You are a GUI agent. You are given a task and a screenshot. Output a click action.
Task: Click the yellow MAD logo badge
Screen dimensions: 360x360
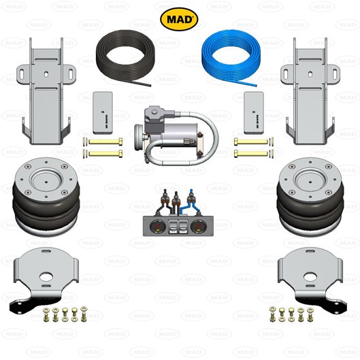click(179, 19)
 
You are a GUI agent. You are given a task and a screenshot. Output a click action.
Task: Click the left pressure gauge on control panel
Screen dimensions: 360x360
click(156, 226)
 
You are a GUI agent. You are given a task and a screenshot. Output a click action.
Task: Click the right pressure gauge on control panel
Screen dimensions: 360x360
click(197, 226)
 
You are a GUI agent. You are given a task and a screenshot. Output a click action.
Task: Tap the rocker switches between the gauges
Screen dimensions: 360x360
click(177, 226)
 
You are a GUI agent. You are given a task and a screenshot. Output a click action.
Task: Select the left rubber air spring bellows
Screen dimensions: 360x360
click(46, 197)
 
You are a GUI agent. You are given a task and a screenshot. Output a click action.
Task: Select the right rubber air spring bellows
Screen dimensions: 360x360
click(310, 197)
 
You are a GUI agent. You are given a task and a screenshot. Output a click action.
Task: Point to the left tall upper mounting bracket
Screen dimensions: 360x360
click(46, 92)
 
